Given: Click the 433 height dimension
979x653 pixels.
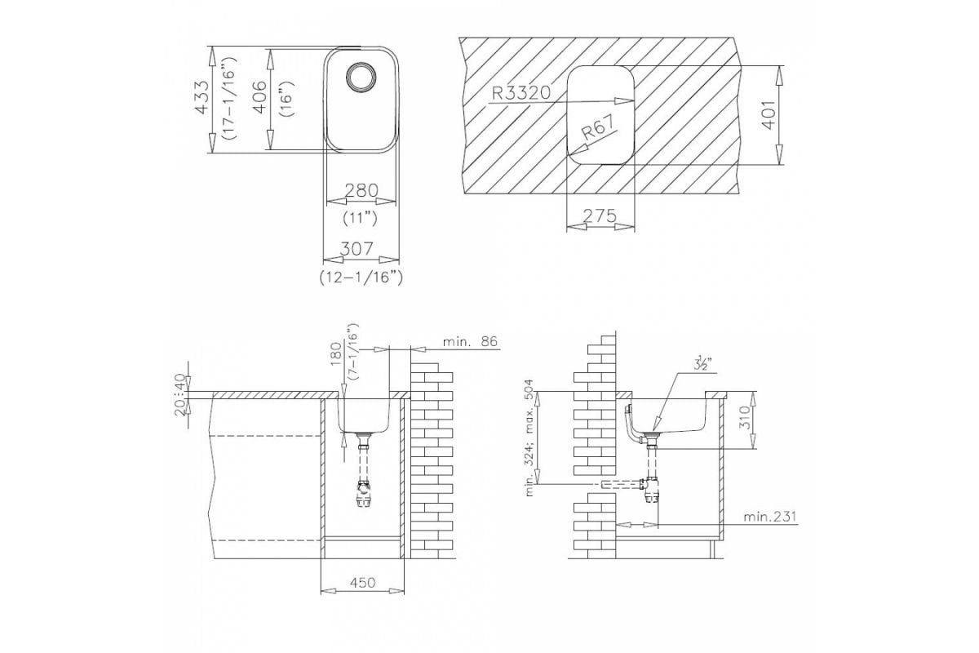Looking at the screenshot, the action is [202, 97].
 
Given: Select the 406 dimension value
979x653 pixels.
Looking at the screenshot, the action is [259, 97].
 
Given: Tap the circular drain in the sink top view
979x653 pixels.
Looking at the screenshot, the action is [360, 78].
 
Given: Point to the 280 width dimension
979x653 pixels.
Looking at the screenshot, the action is [361, 190].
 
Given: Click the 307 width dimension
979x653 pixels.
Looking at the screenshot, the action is [357, 249].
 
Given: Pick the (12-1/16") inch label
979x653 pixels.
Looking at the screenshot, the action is [361, 278].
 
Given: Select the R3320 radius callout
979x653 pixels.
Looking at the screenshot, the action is [521, 93].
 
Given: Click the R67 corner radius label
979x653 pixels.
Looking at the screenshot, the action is [598, 127].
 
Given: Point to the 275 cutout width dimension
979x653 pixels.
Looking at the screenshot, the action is [600, 215].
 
